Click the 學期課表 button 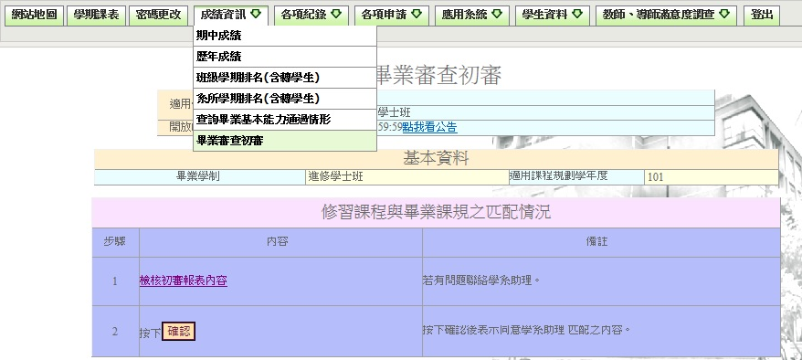pos(96,16)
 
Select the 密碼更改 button pos(157,16)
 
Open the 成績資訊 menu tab pos(230,16)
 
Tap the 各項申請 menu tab pos(391,16)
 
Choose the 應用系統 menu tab pos(471,16)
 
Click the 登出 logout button pos(760,16)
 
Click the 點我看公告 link pos(429,127)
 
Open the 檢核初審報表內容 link pos(183,281)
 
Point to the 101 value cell pos(656,176)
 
